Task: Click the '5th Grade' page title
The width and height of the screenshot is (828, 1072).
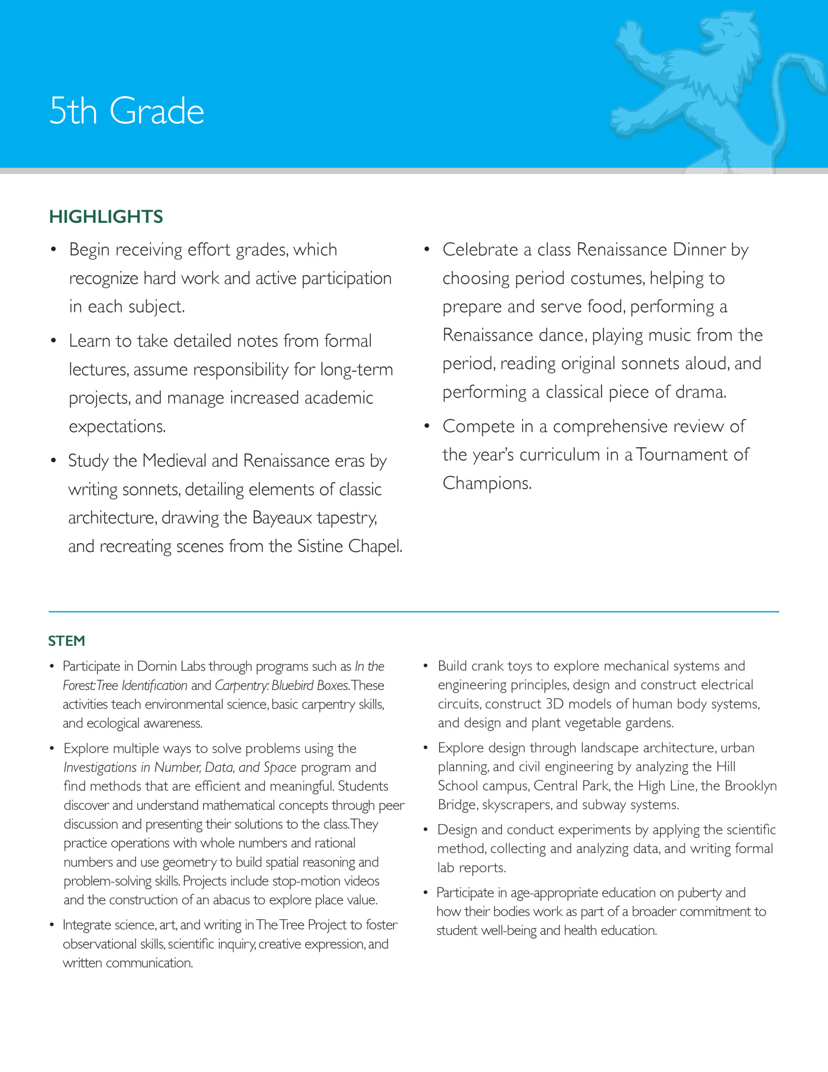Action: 127,111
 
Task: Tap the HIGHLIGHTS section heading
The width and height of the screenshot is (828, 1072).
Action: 105,216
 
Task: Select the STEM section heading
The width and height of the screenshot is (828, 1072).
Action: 66,641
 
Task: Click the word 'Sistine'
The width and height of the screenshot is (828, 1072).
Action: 321,546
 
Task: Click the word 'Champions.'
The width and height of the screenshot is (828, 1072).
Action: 487,483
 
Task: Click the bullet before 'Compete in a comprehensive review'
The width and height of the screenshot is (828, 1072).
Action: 427,426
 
